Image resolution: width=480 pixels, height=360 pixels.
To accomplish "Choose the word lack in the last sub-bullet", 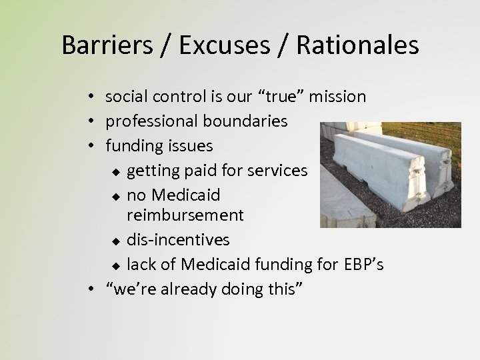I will click(x=141, y=265).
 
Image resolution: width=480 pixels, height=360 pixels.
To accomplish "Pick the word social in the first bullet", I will click(x=125, y=97).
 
